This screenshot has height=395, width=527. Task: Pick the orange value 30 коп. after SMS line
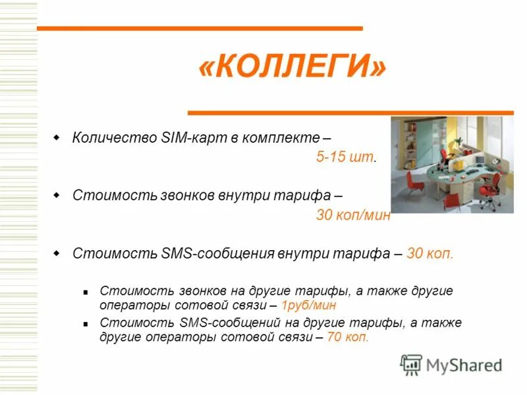pos(430,253)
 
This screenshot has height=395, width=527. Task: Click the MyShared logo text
pos(464,364)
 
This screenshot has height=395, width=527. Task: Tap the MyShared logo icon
pos(411,364)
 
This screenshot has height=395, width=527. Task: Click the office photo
pos(452,165)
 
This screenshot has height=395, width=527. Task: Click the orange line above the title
pos(200,28)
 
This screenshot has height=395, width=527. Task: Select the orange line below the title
pos(350,113)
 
